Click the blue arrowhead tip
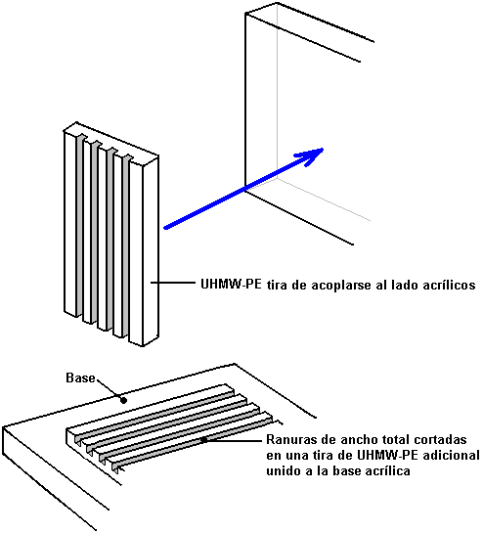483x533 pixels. tap(323, 149)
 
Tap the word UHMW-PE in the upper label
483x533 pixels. tap(231, 284)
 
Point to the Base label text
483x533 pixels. tap(80, 378)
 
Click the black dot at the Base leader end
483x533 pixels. tap(124, 400)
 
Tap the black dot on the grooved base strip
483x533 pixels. tap(204, 440)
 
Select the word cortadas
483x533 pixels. tap(440, 439)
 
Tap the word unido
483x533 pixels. tap(283, 471)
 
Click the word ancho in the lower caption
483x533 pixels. tap(356, 439)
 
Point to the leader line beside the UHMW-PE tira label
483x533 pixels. tap(172, 282)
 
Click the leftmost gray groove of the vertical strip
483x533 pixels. tap(79, 225)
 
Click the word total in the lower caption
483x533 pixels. tap(394, 439)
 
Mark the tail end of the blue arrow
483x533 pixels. tap(165, 228)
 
